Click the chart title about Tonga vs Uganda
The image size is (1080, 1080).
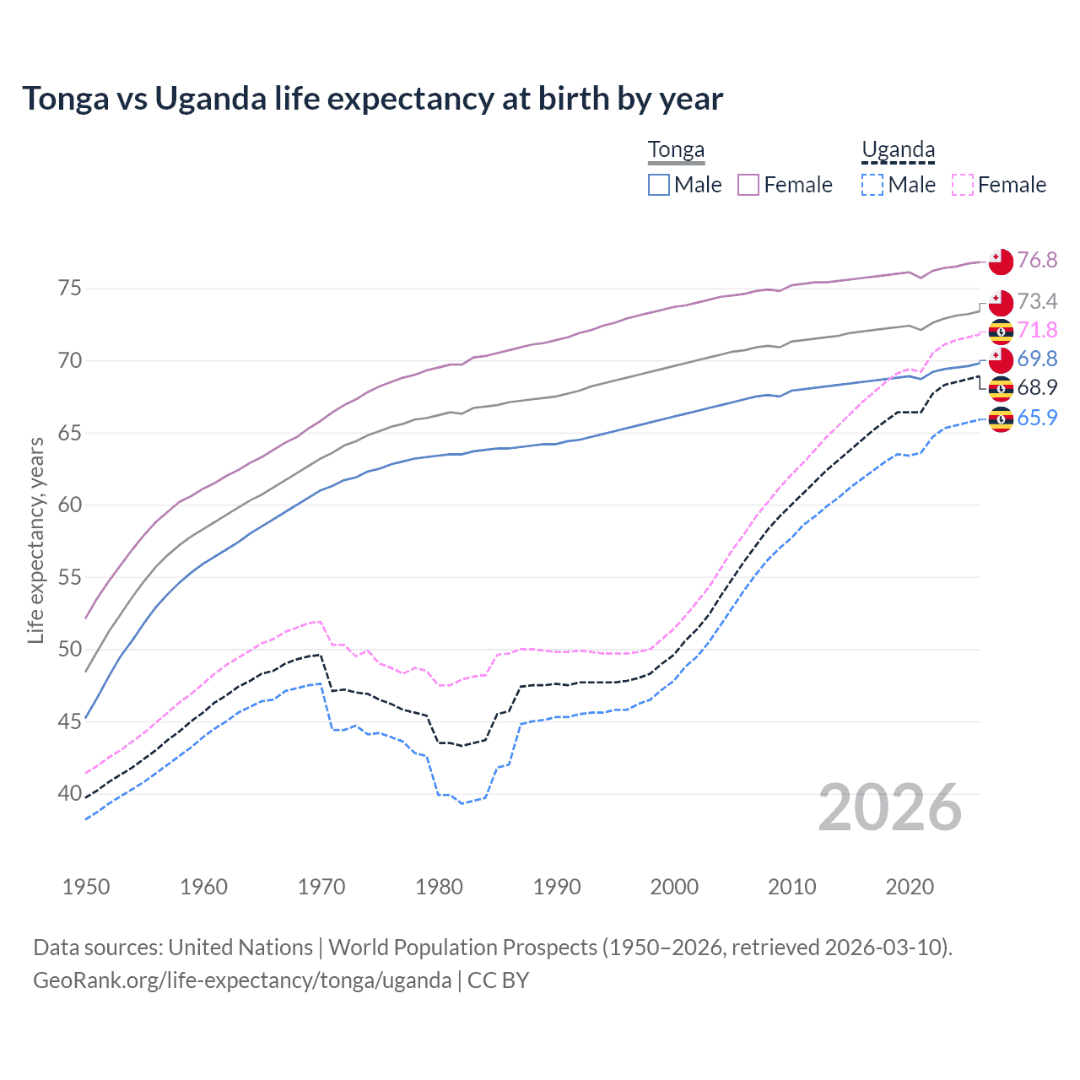372,99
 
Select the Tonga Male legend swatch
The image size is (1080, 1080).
659,185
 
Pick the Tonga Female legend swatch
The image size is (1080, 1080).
748,185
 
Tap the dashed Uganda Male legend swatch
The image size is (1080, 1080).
872,185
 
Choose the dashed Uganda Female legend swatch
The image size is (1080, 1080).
962,185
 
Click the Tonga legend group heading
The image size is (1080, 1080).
676,150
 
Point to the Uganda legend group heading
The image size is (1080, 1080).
898,150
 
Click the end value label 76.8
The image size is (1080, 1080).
1037,260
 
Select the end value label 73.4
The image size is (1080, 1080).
1037,301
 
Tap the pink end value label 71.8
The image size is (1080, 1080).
1037,330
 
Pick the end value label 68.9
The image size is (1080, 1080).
1037,387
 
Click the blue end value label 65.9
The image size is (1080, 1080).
1037,418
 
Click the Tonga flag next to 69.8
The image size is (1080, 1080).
1001,360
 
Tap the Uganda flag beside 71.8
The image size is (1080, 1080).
1001,332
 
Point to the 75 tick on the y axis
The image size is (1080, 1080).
70,289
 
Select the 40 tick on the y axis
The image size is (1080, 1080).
70,794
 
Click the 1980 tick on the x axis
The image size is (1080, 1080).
439,887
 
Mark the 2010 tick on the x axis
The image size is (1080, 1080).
791,887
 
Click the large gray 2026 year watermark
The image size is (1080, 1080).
889,807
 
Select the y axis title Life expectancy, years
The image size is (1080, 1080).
35,540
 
